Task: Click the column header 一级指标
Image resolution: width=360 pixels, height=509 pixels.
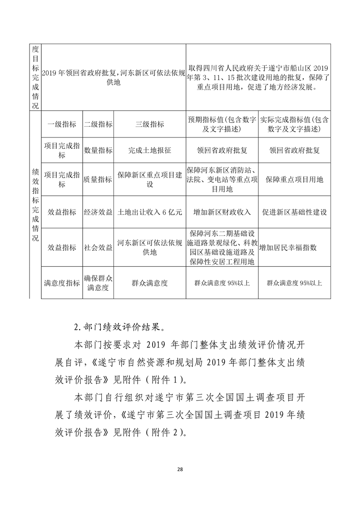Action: coord(62,124)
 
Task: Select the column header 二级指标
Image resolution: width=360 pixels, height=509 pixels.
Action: coord(98,124)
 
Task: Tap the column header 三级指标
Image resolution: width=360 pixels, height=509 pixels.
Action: coord(150,124)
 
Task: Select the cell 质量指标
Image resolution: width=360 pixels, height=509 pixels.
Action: coord(98,179)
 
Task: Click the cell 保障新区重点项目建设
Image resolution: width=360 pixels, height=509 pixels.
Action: coord(150,179)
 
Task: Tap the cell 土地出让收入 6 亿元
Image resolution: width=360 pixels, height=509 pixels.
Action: coord(150,212)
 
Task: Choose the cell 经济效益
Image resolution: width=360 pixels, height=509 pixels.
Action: coord(98,212)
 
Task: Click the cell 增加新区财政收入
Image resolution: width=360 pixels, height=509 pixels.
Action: coord(222,212)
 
